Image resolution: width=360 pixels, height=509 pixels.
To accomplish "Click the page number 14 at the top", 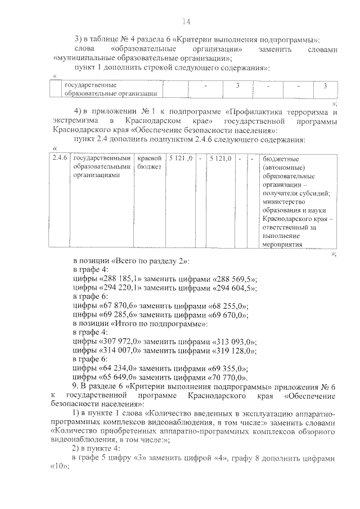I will (186, 22).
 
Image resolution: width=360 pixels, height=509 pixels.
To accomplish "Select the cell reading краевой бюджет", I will (149, 163).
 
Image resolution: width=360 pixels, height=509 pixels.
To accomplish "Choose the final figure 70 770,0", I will (227, 377).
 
